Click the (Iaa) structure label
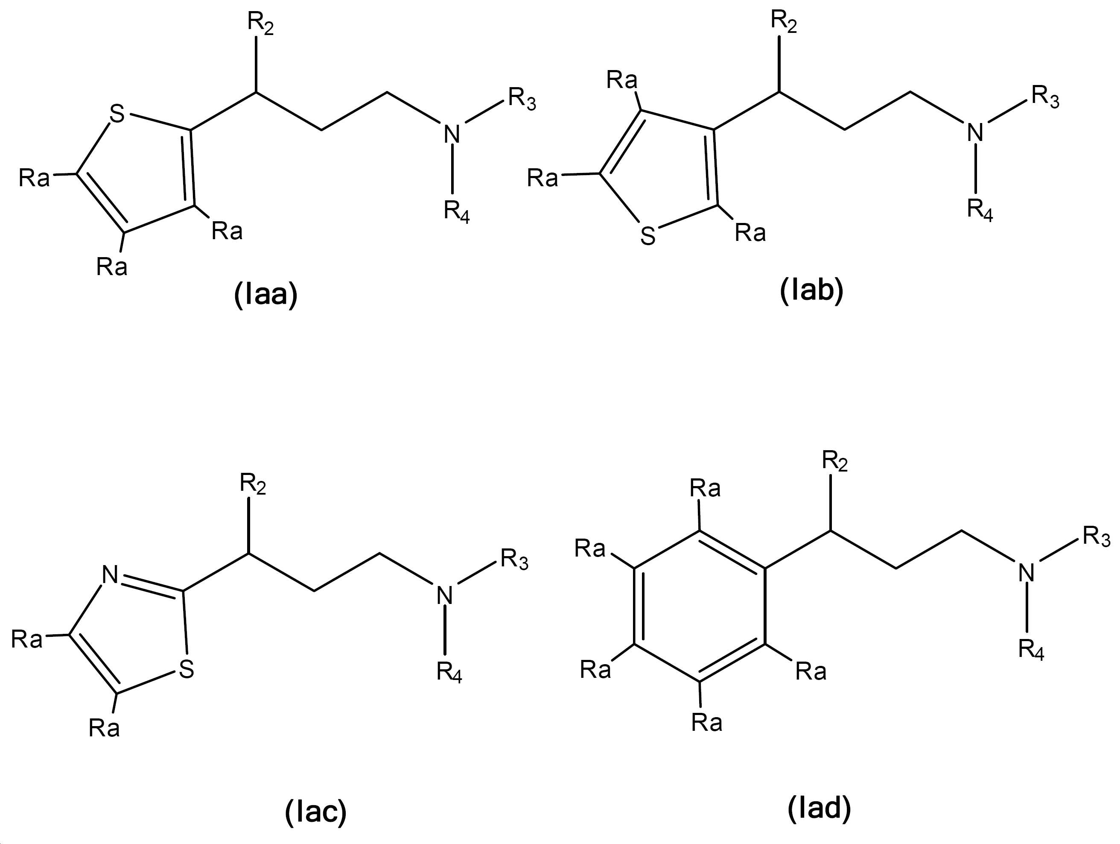266,294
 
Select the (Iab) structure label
812,290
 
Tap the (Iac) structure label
316,812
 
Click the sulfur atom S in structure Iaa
117,114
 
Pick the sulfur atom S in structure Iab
647,236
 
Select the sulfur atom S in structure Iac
187,669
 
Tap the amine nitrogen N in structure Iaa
452,134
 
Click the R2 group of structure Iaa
260,23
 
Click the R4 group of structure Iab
980,209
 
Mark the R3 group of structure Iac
514,559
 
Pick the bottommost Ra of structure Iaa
112,267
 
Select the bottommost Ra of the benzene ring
707,722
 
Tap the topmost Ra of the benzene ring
705,488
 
